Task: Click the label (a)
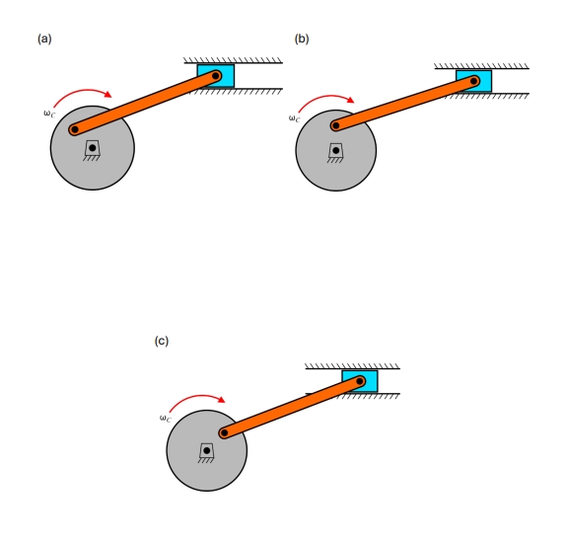coord(43,39)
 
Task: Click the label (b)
coord(302,39)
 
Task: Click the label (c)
coord(162,341)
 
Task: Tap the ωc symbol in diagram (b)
coord(294,118)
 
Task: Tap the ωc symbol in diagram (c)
coord(165,419)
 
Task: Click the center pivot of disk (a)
coord(92,148)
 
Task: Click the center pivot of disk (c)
coord(206,450)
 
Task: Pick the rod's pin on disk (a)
coord(74,128)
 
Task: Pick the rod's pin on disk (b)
coord(335,125)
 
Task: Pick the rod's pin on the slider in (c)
coord(361,380)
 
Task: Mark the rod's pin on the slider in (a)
coord(216,75)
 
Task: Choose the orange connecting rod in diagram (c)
coord(293,406)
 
